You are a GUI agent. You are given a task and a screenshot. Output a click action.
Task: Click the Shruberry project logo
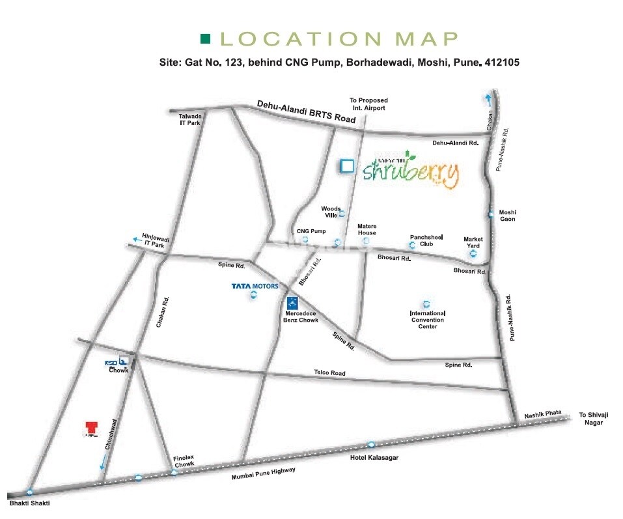coord(411,169)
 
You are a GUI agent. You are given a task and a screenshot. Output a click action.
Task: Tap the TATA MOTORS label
coord(255,286)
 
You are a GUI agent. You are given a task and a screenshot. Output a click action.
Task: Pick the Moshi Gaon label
coord(507,216)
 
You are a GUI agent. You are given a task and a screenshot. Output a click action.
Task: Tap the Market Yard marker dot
coord(473,254)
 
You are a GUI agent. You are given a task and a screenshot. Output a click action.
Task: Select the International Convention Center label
coord(427,320)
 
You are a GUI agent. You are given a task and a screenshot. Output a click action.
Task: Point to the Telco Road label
coord(329,373)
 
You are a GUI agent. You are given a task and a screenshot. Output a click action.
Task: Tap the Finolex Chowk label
coord(184,461)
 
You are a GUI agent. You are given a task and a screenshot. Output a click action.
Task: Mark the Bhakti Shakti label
coord(29,503)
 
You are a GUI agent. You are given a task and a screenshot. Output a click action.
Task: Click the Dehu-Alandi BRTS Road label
coord(306,111)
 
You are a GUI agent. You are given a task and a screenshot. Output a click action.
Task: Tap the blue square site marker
coord(347,166)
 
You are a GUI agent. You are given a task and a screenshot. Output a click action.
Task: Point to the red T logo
coord(91,427)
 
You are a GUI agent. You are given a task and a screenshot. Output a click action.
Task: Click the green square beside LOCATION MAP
coord(206,39)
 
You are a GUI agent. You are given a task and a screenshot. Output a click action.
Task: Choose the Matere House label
coord(367,229)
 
